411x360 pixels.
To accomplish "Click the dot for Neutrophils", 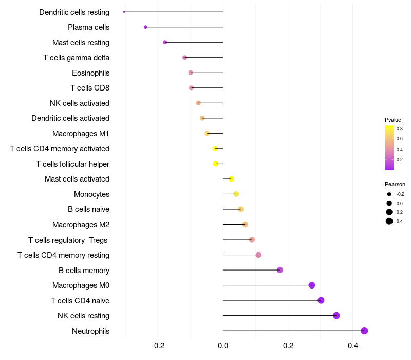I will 364,331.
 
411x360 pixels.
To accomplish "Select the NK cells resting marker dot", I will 337,316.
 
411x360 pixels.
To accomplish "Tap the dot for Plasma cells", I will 145,27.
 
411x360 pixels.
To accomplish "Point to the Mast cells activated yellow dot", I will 231,179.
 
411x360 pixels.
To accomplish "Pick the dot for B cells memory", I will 279,270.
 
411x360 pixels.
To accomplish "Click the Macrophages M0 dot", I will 312,285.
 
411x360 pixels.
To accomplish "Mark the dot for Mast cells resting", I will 165,42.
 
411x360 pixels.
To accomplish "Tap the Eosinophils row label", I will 90,73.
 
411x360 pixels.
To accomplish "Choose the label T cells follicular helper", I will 72,164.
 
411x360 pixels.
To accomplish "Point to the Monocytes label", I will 91,194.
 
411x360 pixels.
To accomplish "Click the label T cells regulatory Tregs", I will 68,240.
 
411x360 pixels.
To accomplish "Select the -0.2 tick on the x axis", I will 158,346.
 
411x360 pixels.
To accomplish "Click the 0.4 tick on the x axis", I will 352,346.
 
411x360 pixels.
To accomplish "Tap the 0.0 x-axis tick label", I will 223,346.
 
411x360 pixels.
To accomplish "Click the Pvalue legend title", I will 393,120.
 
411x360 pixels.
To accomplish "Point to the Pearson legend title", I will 395,184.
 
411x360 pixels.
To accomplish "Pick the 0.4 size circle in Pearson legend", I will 389,221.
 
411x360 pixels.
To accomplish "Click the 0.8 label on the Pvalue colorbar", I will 399,129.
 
